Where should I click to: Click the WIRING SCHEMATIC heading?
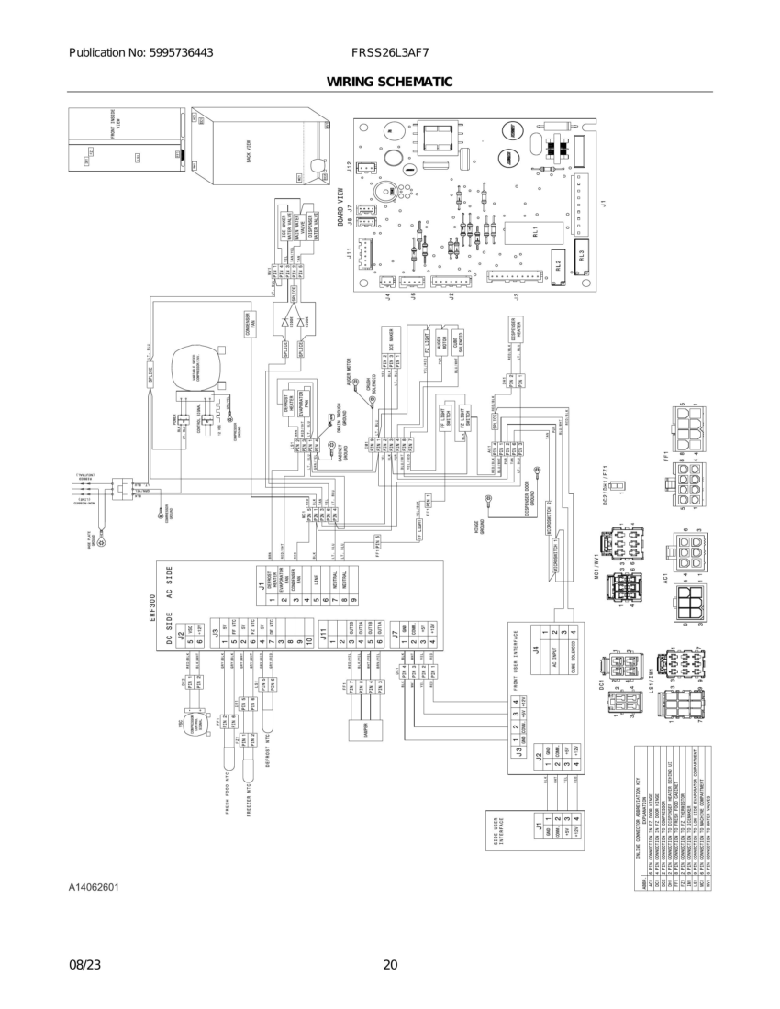coord(389,83)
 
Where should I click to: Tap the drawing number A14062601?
coord(94,888)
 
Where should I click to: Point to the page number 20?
coord(390,964)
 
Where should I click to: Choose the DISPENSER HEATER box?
coord(518,328)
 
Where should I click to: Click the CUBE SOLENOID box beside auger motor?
coord(458,340)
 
